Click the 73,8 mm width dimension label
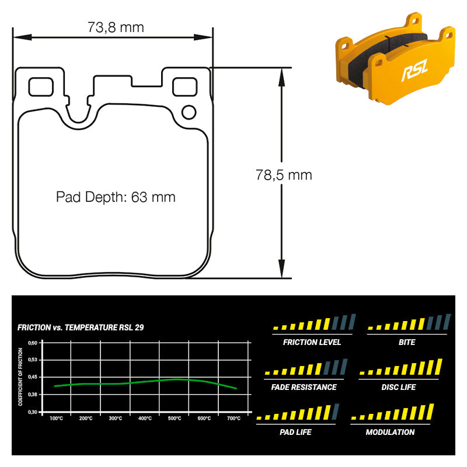[116, 27]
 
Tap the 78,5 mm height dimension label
[284, 175]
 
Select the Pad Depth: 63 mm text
[116, 197]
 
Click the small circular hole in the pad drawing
[189, 113]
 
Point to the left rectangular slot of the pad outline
[41, 87]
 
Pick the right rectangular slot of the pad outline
[184, 87]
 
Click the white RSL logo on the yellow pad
[414, 70]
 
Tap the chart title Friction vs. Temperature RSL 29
[81, 327]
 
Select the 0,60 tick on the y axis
[33, 343]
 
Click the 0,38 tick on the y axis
[33, 395]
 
